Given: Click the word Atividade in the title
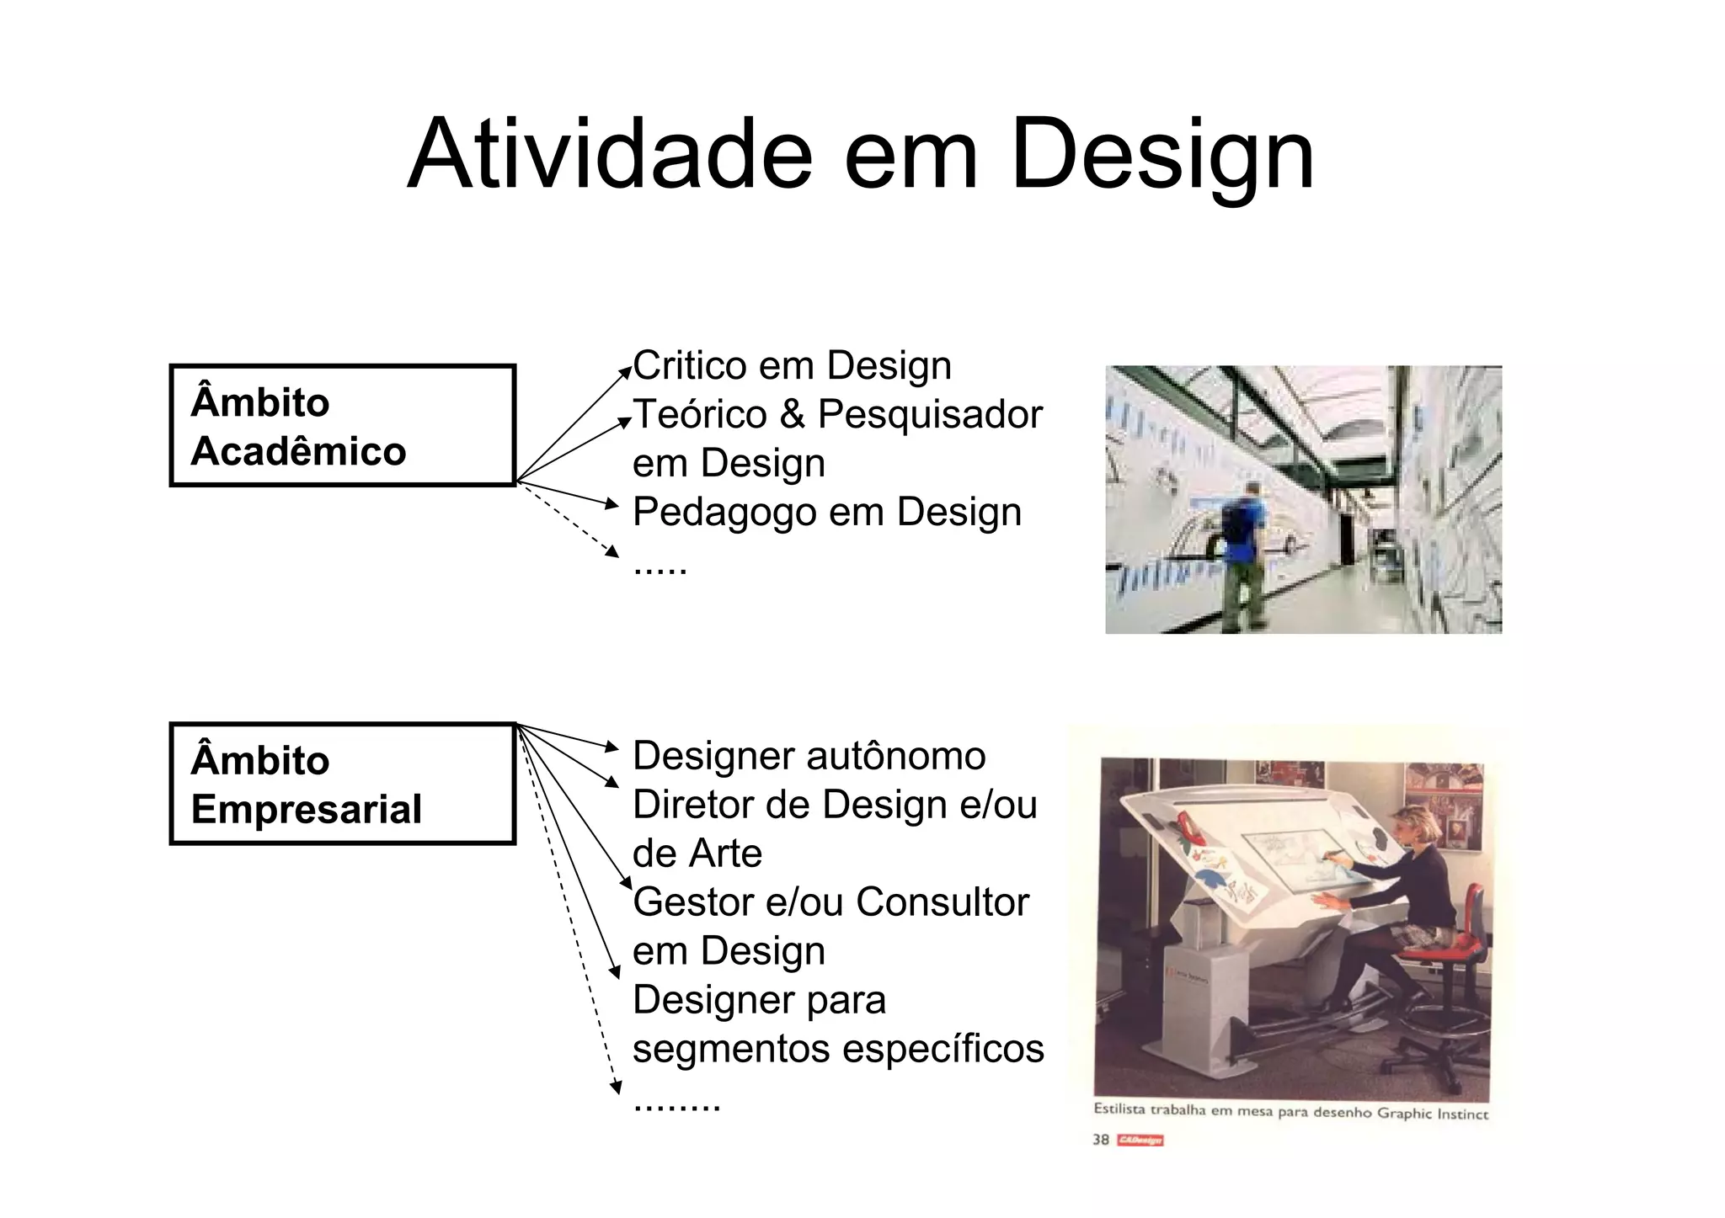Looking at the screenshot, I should [x=609, y=156].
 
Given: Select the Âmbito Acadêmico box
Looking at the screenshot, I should [x=342, y=426].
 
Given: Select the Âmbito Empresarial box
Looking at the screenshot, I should [x=342, y=784].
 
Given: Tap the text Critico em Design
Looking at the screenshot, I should [x=792, y=366].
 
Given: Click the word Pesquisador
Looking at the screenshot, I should [x=930, y=415].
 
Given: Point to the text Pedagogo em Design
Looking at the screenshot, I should [x=826, y=512].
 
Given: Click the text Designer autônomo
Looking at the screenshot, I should [x=809, y=756].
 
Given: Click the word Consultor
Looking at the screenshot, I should [x=943, y=902].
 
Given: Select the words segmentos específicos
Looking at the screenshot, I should [x=838, y=1049].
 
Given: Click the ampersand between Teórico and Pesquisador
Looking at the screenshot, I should [x=792, y=415].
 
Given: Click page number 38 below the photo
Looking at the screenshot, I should [x=1100, y=1140].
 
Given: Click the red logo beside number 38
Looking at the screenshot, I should [x=1140, y=1141].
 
